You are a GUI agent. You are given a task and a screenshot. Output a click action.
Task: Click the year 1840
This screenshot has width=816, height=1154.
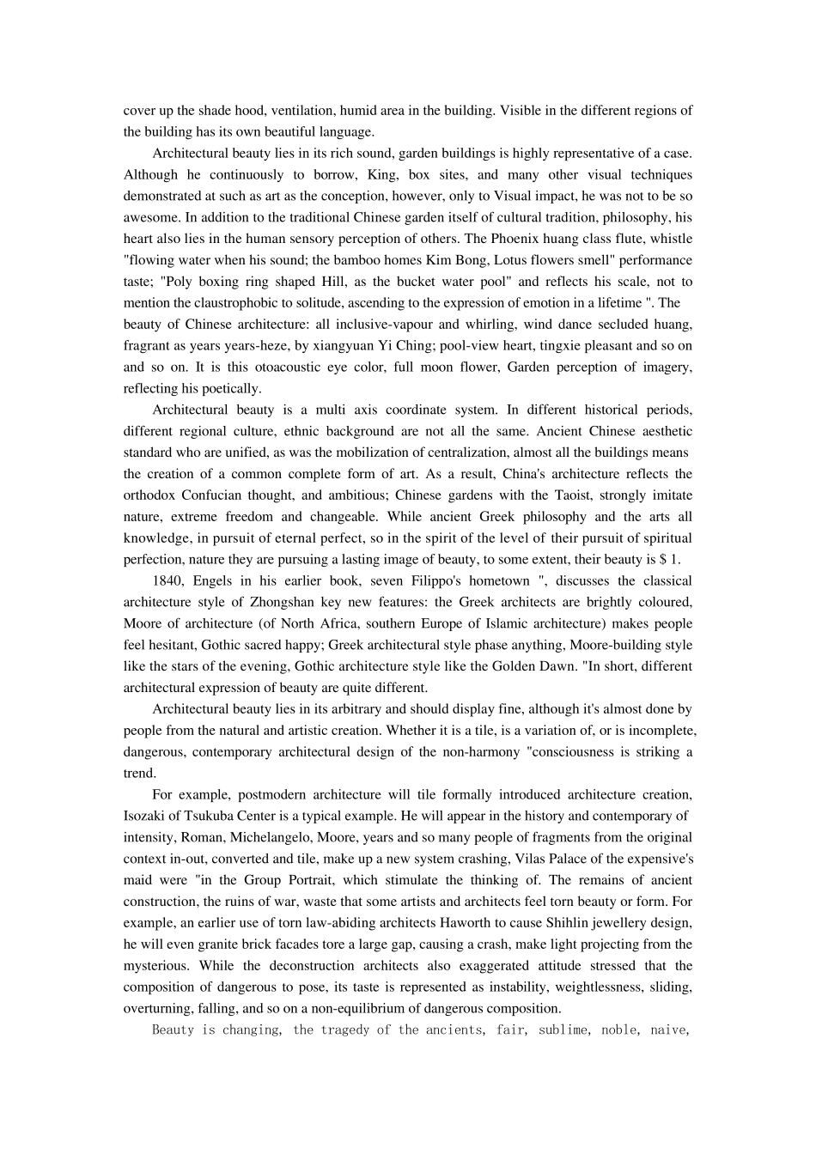pyautogui.click(x=167, y=581)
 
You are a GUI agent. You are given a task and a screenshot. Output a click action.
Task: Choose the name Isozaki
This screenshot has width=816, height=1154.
pyautogui.click(x=148, y=816)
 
